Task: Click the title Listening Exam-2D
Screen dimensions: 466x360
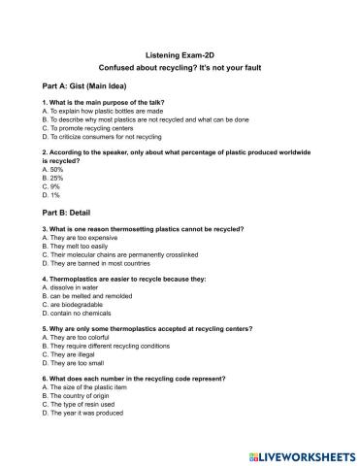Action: pos(180,55)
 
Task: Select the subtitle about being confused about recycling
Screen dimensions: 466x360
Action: pos(180,71)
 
